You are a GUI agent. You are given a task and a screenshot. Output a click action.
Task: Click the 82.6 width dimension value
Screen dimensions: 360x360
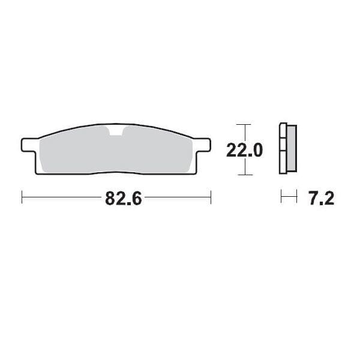tap(123, 199)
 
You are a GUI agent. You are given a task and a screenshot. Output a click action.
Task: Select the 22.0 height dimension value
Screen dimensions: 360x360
tap(244, 150)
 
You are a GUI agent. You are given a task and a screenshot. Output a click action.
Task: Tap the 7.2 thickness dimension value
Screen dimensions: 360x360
tap(320, 199)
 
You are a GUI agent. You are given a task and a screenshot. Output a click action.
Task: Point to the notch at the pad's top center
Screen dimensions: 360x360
tap(116, 131)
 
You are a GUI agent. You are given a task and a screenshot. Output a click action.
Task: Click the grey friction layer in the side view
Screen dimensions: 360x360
tap(292, 149)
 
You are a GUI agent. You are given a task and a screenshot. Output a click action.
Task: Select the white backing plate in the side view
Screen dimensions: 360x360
tap(283, 149)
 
